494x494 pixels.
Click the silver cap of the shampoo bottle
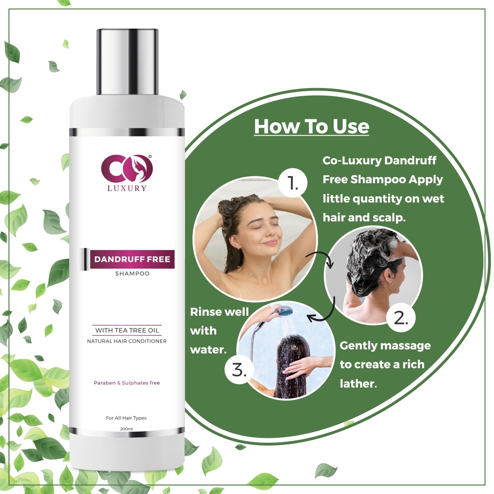tap(127, 62)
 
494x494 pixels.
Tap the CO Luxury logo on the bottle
tap(127, 173)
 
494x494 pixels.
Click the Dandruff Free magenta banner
tap(132, 259)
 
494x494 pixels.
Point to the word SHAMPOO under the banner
tap(132, 273)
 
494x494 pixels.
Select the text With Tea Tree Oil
tap(127, 330)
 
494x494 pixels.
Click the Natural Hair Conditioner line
tap(127, 341)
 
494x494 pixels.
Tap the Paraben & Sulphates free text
tap(127, 383)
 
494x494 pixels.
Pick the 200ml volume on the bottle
tap(126, 429)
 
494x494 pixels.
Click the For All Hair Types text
tap(126, 418)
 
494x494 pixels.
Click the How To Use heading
tap(312, 127)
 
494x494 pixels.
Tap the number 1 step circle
tap(293, 183)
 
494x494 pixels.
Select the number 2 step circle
tap(401, 318)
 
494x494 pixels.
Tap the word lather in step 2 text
tap(358, 384)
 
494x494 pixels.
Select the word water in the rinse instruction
tap(208, 350)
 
